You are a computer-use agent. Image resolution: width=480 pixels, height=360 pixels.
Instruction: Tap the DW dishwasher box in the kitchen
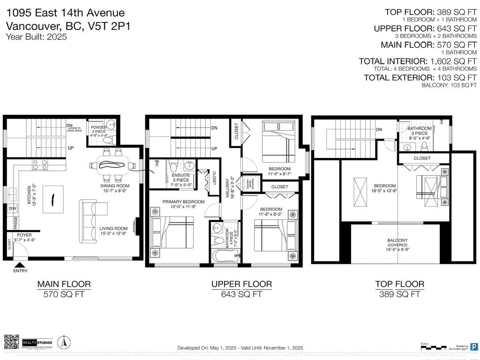click(12, 209)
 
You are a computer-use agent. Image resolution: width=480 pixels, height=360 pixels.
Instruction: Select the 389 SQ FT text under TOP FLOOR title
click(399, 294)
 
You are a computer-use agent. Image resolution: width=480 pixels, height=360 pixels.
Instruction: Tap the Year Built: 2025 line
click(36, 37)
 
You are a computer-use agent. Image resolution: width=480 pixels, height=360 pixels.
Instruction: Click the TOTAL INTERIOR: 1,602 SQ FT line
click(418, 61)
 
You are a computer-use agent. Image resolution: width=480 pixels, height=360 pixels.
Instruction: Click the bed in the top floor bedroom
click(431, 190)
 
